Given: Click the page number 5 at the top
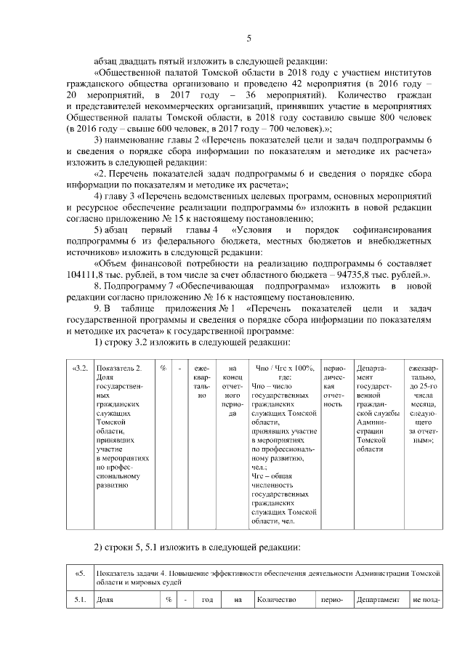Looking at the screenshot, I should click(x=248, y=39).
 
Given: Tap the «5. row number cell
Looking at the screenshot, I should click(x=81, y=573).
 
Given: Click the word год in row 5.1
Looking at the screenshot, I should click(x=207, y=600).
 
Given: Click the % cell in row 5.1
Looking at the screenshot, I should click(x=168, y=600).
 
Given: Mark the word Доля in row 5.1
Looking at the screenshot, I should click(x=106, y=600).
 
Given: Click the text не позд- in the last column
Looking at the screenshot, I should click(x=426, y=600).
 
